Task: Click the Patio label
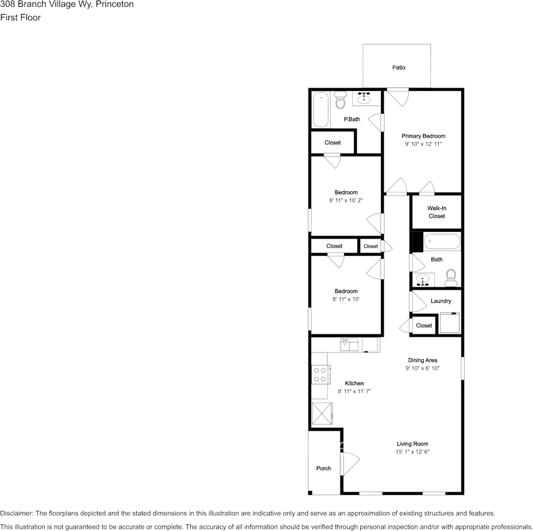point(398,67)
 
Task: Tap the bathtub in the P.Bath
point(320,109)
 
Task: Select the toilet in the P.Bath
point(340,102)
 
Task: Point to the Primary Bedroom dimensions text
point(423,144)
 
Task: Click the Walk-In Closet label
point(436,212)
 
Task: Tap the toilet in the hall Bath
point(450,276)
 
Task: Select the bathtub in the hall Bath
point(442,242)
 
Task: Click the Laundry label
point(440,301)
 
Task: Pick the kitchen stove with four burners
point(320,374)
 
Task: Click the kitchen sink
point(349,344)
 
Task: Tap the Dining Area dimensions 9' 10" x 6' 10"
point(422,369)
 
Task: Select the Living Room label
point(412,444)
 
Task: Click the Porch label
point(324,468)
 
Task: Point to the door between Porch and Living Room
point(349,464)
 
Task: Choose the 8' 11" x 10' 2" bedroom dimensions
point(346,200)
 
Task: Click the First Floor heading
point(21,17)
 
